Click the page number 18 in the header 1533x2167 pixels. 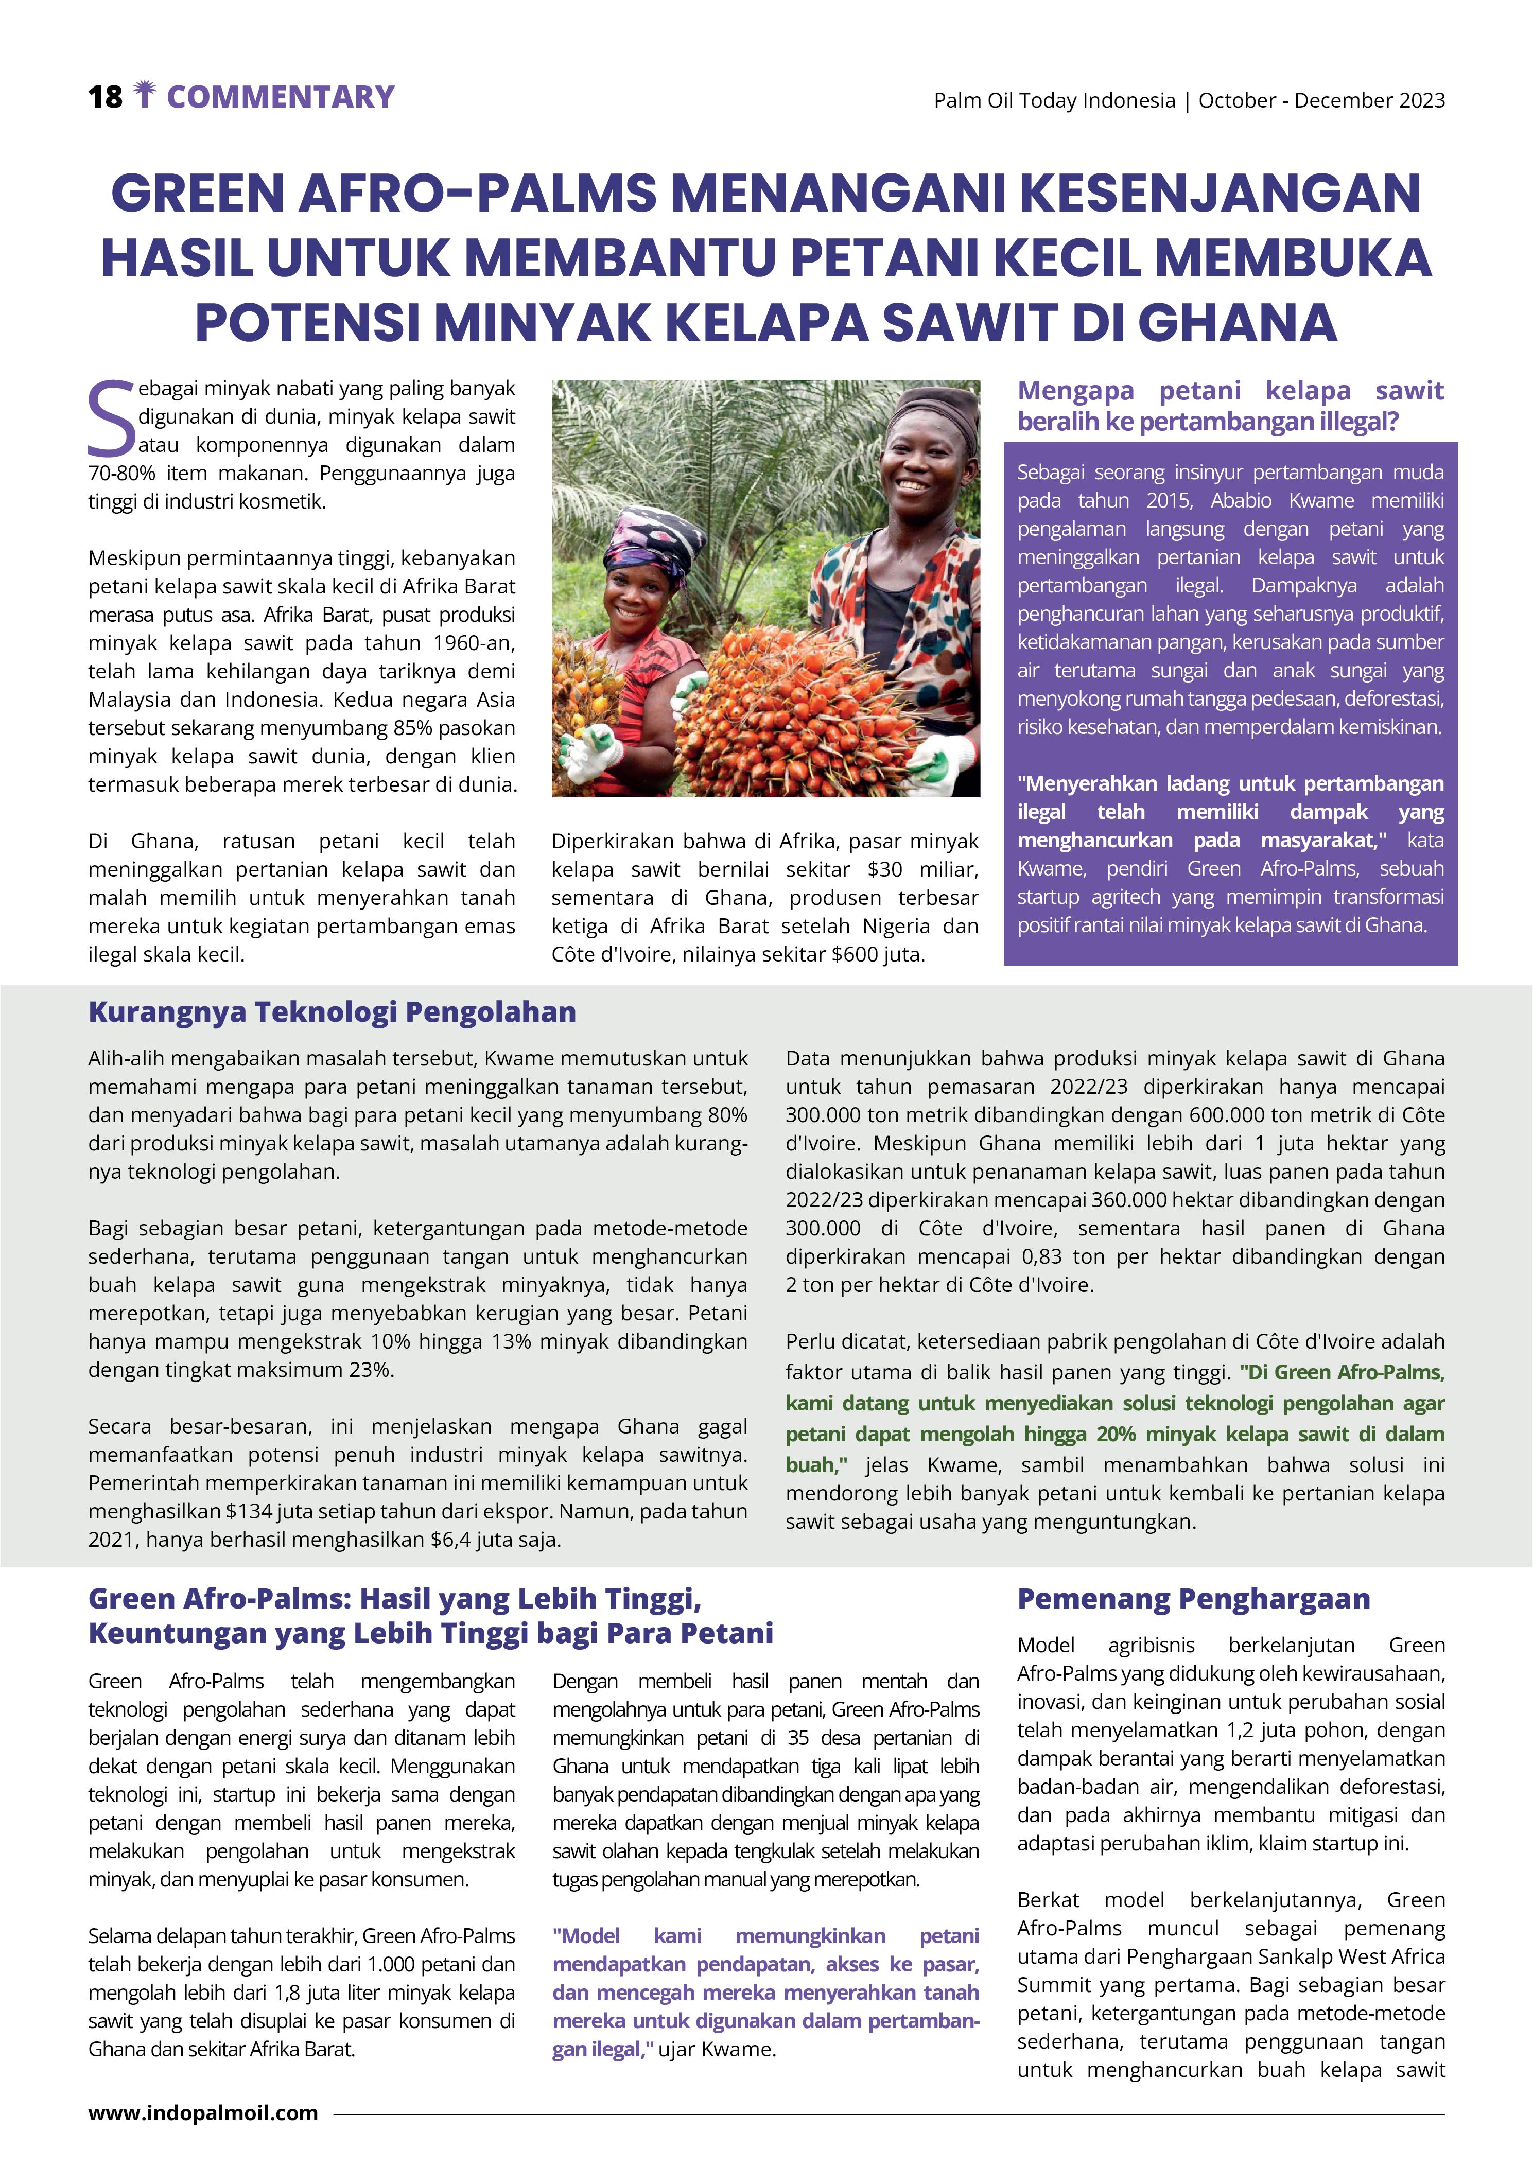pyautogui.click(x=105, y=97)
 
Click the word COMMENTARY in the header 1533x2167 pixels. pyautogui.click(x=281, y=97)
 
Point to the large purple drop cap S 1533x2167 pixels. pyautogui.click(x=111, y=418)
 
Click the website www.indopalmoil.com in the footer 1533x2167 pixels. pyautogui.click(x=203, y=2112)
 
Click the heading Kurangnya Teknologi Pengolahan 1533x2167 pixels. pyautogui.click(x=332, y=1012)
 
